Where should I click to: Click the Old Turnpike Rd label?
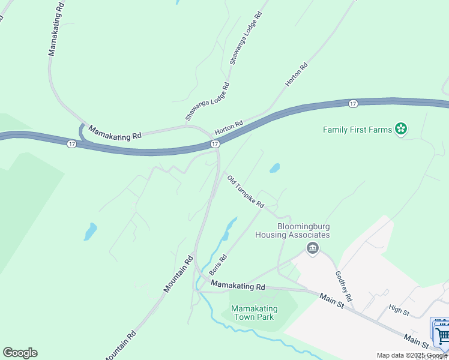(x=246, y=191)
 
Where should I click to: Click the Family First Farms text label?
(x=357, y=130)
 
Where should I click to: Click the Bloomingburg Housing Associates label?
(x=303, y=230)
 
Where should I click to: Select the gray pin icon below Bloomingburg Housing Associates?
(x=312, y=248)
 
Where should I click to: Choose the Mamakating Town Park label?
(x=252, y=313)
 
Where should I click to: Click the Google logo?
(x=20, y=353)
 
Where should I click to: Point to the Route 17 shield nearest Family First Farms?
(x=353, y=104)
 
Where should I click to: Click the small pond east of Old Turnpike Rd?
(x=274, y=168)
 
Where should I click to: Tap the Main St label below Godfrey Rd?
(x=331, y=301)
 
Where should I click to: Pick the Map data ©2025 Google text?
(x=412, y=355)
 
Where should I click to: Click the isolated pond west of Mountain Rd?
(x=90, y=232)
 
